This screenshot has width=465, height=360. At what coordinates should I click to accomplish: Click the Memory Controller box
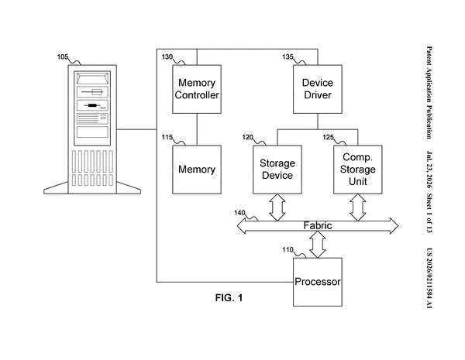click(x=197, y=89)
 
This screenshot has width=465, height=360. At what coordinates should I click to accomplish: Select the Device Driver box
click(x=318, y=89)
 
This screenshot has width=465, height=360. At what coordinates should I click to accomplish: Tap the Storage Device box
click(x=277, y=170)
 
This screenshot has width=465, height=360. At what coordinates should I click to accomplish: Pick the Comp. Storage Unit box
click(x=358, y=170)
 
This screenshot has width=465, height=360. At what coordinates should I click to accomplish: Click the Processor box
click(x=318, y=282)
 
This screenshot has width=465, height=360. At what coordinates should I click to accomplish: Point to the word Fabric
click(x=318, y=226)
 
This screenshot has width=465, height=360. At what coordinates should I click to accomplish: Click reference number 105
click(x=63, y=57)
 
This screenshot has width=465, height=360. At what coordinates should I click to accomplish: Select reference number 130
click(x=167, y=57)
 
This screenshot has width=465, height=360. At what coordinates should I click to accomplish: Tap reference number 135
click(x=288, y=57)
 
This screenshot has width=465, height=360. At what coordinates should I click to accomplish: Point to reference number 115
click(x=167, y=138)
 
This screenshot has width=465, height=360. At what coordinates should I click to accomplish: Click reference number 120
click(x=248, y=137)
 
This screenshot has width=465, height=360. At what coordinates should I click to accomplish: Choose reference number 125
click(x=329, y=137)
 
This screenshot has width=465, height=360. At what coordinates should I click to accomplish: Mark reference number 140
click(x=239, y=213)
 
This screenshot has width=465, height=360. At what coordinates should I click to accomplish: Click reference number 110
click(x=288, y=250)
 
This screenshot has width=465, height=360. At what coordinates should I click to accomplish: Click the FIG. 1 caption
click(x=229, y=298)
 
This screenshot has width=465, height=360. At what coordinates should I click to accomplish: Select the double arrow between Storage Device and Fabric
click(x=277, y=207)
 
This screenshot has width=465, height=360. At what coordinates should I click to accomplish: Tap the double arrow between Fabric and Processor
click(x=318, y=245)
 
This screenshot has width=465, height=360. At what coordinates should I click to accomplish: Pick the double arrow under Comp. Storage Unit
click(x=358, y=207)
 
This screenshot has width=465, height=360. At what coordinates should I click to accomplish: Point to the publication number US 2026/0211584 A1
click(x=429, y=278)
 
